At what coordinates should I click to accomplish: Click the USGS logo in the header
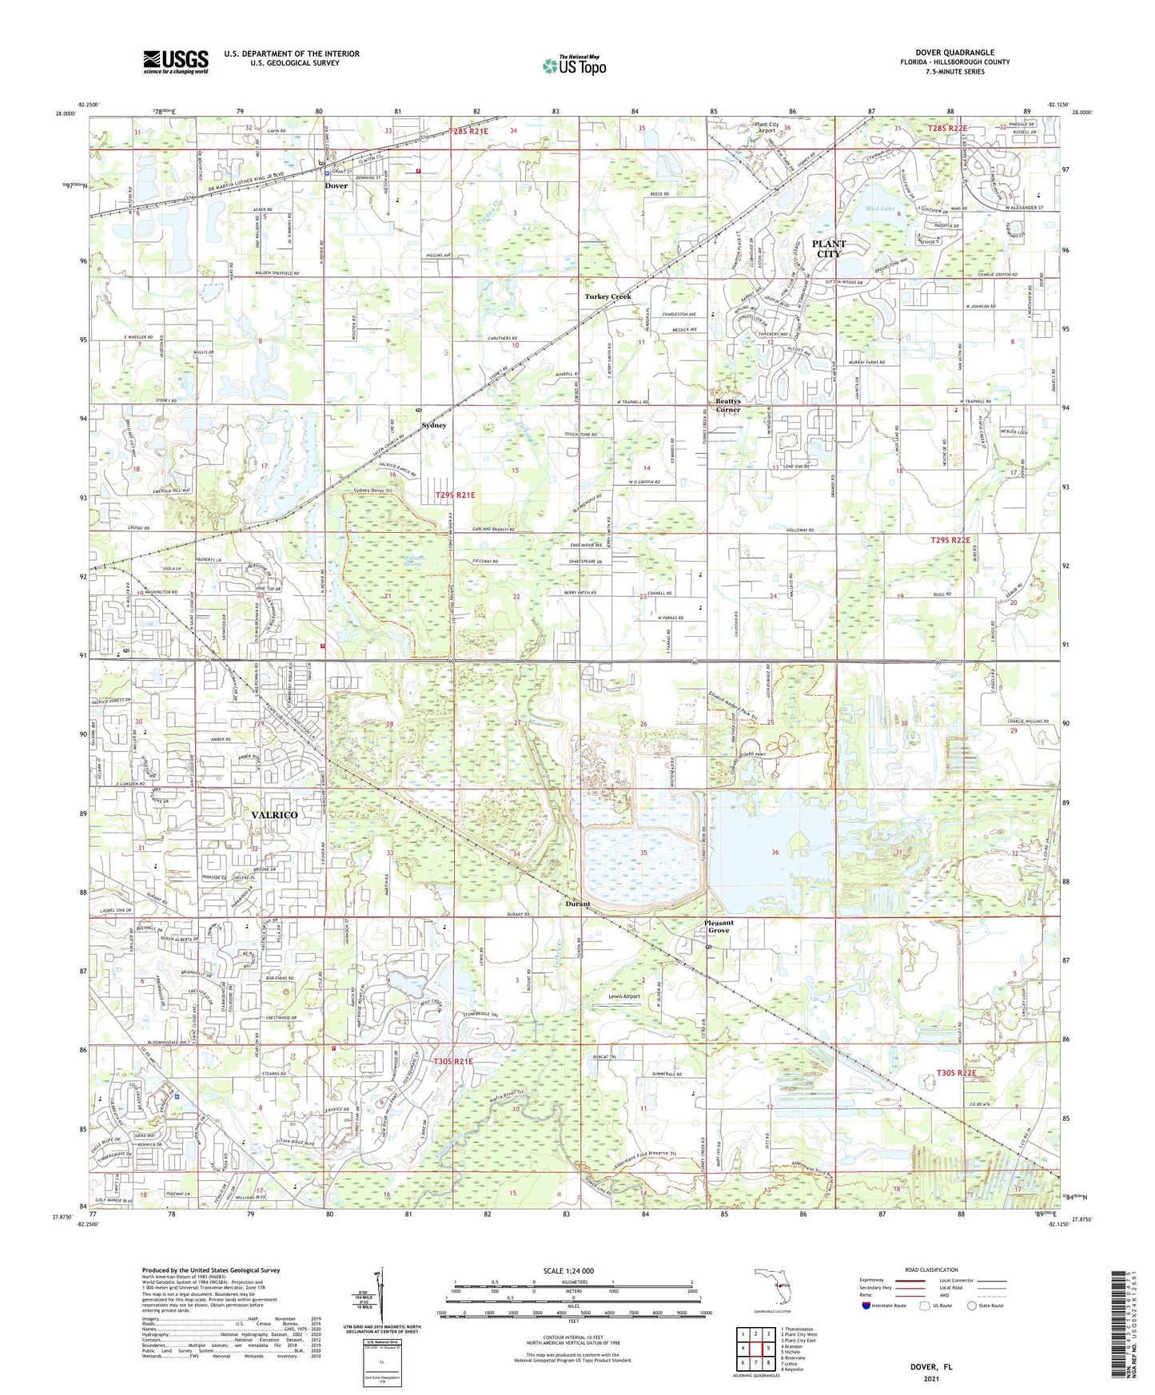176,62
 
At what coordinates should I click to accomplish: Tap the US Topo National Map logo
574,66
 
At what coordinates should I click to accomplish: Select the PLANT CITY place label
829,248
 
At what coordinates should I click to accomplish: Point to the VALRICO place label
274,815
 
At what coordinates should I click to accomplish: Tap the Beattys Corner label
727,405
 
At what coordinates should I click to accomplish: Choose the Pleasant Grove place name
718,927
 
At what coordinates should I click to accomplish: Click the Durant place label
577,904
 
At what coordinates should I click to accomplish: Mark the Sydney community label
434,426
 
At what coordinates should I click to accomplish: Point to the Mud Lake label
880,209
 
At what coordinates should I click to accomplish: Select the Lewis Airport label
624,997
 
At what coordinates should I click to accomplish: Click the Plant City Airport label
767,128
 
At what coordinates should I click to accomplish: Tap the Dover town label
336,186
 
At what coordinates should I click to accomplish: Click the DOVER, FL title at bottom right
931,1367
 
